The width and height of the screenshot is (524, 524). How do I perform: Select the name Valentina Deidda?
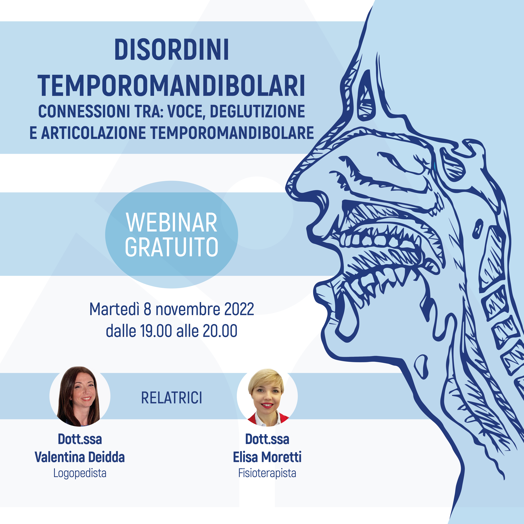pyautogui.click(x=80, y=457)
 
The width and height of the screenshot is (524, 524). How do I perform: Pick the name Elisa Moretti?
pyautogui.click(x=267, y=457)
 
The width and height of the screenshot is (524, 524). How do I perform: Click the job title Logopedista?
pyautogui.click(x=80, y=473)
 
